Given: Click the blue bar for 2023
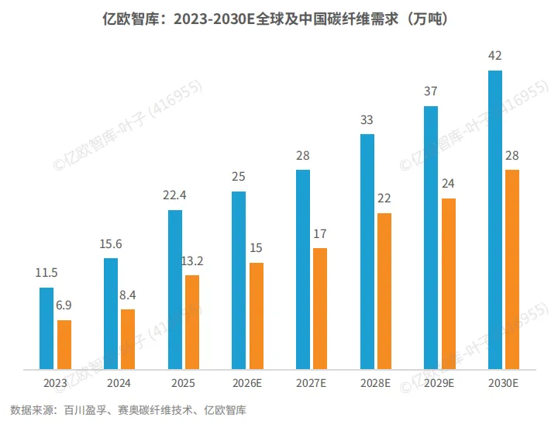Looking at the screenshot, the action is [46, 328].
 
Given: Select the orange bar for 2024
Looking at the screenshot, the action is [128, 340].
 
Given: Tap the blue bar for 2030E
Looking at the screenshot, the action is [495, 219].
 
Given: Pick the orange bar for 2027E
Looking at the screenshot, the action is [320, 309].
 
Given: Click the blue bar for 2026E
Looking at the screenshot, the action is [239, 280].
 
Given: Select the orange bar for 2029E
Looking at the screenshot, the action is [449, 284].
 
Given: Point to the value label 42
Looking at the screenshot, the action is [495, 56].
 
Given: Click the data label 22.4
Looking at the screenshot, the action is [174, 195].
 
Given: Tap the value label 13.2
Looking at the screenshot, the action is [192, 261].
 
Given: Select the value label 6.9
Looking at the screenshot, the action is [64, 305].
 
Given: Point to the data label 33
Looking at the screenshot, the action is [367, 120].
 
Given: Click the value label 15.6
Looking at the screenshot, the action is [111, 244].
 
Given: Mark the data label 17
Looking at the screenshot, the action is [320, 234].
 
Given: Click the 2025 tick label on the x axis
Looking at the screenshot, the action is [183, 383].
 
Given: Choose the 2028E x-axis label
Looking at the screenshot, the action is [375, 383].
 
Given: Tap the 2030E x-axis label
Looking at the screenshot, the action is [503, 383].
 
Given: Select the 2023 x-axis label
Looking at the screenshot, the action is [55, 383].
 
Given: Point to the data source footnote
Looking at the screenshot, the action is [128, 410].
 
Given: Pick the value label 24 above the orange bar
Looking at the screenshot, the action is [448, 184].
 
